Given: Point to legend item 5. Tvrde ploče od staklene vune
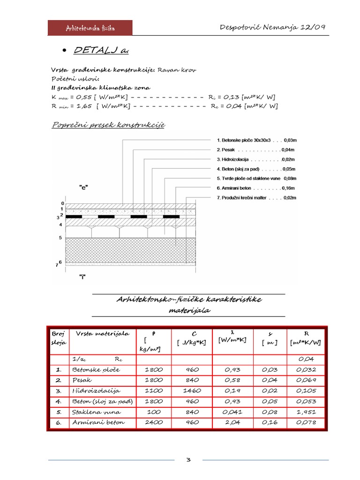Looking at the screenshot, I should (256, 179).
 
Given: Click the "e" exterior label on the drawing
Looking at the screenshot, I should (83, 187).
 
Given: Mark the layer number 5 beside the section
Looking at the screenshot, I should (60, 238).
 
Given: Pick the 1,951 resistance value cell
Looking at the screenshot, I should (307, 412).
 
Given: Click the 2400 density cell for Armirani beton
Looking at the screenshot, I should (153, 422).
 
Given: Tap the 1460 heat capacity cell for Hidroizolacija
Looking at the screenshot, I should (192, 390).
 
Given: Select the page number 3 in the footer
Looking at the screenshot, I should (188, 460).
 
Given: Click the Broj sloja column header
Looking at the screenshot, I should (59, 337).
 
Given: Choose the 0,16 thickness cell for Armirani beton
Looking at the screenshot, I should (270, 422).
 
